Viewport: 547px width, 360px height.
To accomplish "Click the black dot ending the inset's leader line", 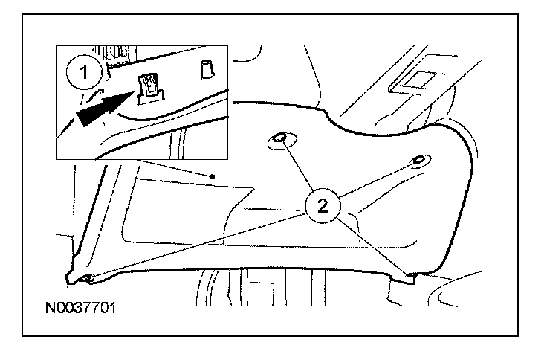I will [x=213, y=176].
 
